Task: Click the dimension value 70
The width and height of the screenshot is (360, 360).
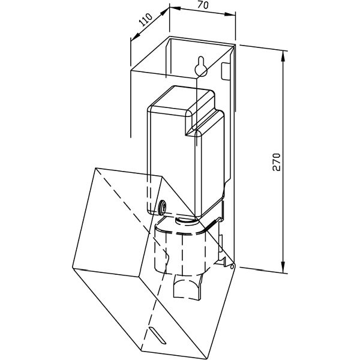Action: point(203,5)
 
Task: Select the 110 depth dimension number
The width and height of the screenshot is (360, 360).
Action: point(146,20)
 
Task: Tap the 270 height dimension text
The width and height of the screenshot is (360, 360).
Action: point(277,162)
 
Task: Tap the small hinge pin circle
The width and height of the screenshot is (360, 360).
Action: point(232,266)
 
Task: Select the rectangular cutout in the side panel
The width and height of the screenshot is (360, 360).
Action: point(225,71)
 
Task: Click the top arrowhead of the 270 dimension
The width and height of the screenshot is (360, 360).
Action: point(283,56)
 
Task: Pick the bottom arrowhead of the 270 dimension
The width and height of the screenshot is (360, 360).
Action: point(283,267)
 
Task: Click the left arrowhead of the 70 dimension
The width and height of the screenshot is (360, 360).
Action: point(175,8)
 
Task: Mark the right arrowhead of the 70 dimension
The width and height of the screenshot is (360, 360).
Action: point(230,14)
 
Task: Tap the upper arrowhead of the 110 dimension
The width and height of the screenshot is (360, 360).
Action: point(164,12)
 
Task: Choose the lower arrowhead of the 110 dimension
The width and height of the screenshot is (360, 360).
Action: point(136,36)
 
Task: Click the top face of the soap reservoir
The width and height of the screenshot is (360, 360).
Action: point(181,99)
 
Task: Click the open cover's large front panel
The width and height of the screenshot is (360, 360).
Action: point(117,221)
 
